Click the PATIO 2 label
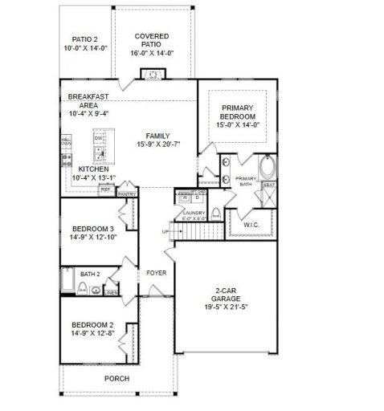click(84, 39)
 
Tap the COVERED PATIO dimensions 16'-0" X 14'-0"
click(152, 53)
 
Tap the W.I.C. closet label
click(251, 225)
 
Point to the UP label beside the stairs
click(166, 231)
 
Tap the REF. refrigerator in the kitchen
click(105, 189)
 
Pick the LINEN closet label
click(112, 292)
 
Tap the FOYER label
click(156, 273)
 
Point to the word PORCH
click(116, 378)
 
